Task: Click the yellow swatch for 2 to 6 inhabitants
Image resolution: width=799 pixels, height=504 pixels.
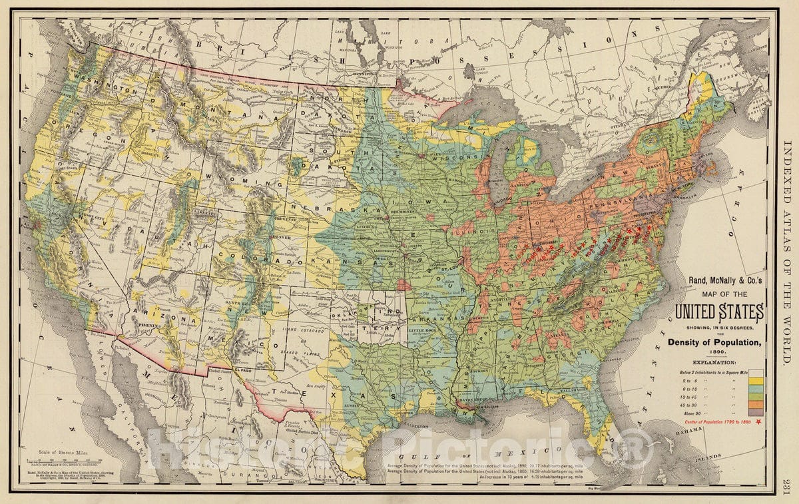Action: pos(756,381)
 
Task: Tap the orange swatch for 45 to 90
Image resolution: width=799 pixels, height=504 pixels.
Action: pos(756,404)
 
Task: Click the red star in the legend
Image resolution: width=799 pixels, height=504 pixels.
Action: pos(758,422)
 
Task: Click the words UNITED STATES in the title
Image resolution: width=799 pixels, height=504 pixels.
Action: pos(718,311)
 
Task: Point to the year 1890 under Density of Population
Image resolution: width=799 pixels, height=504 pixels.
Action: pos(718,351)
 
